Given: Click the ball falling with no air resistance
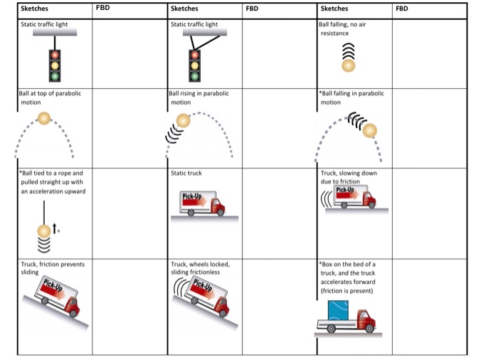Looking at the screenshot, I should click(348, 65).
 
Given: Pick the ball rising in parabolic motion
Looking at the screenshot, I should click(184, 121).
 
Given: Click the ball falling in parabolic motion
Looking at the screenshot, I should click(370, 131).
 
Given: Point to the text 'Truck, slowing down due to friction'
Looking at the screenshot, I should click(349, 177).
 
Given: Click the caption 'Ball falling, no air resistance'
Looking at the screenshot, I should click(342, 28).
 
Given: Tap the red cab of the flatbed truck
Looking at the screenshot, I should click(366, 322).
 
